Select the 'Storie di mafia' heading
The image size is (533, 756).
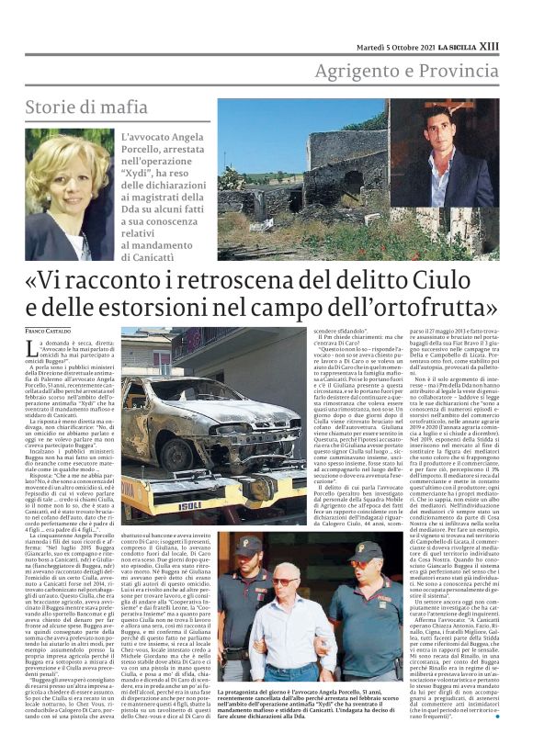(86, 107)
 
